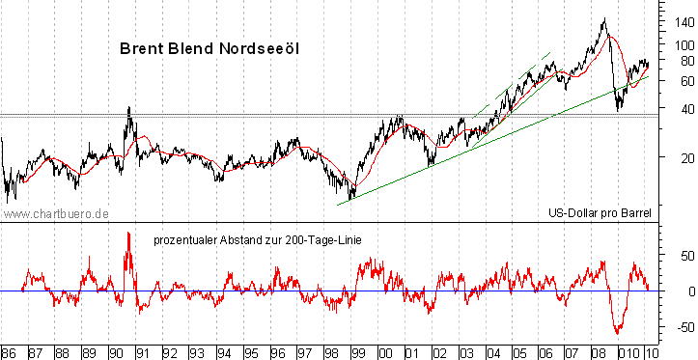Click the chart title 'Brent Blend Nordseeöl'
[209, 47]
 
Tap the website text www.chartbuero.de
[56, 213]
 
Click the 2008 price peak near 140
[604, 19]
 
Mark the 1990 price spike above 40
[129, 108]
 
